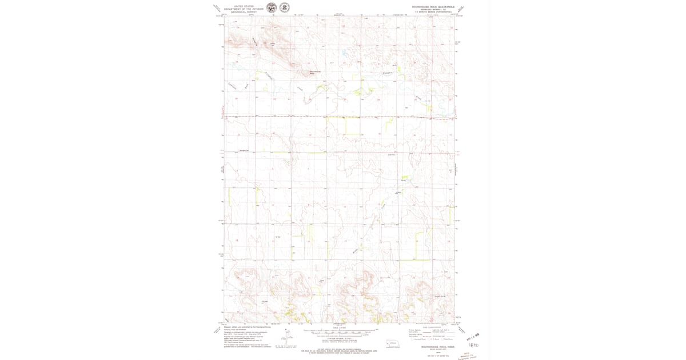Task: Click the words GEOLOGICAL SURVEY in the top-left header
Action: [244, 12]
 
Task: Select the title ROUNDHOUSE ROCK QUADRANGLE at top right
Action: [433, 7]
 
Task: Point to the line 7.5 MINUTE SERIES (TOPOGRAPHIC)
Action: [433, 12]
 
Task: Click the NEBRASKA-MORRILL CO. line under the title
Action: [433, 10]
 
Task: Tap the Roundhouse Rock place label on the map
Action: [315, 71]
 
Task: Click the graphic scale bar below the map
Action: [341, 331]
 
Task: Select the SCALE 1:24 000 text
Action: [341, 327]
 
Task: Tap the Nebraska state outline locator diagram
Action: [392, 343]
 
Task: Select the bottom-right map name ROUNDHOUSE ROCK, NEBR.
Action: [433, 347]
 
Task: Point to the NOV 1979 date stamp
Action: [472, 337]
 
